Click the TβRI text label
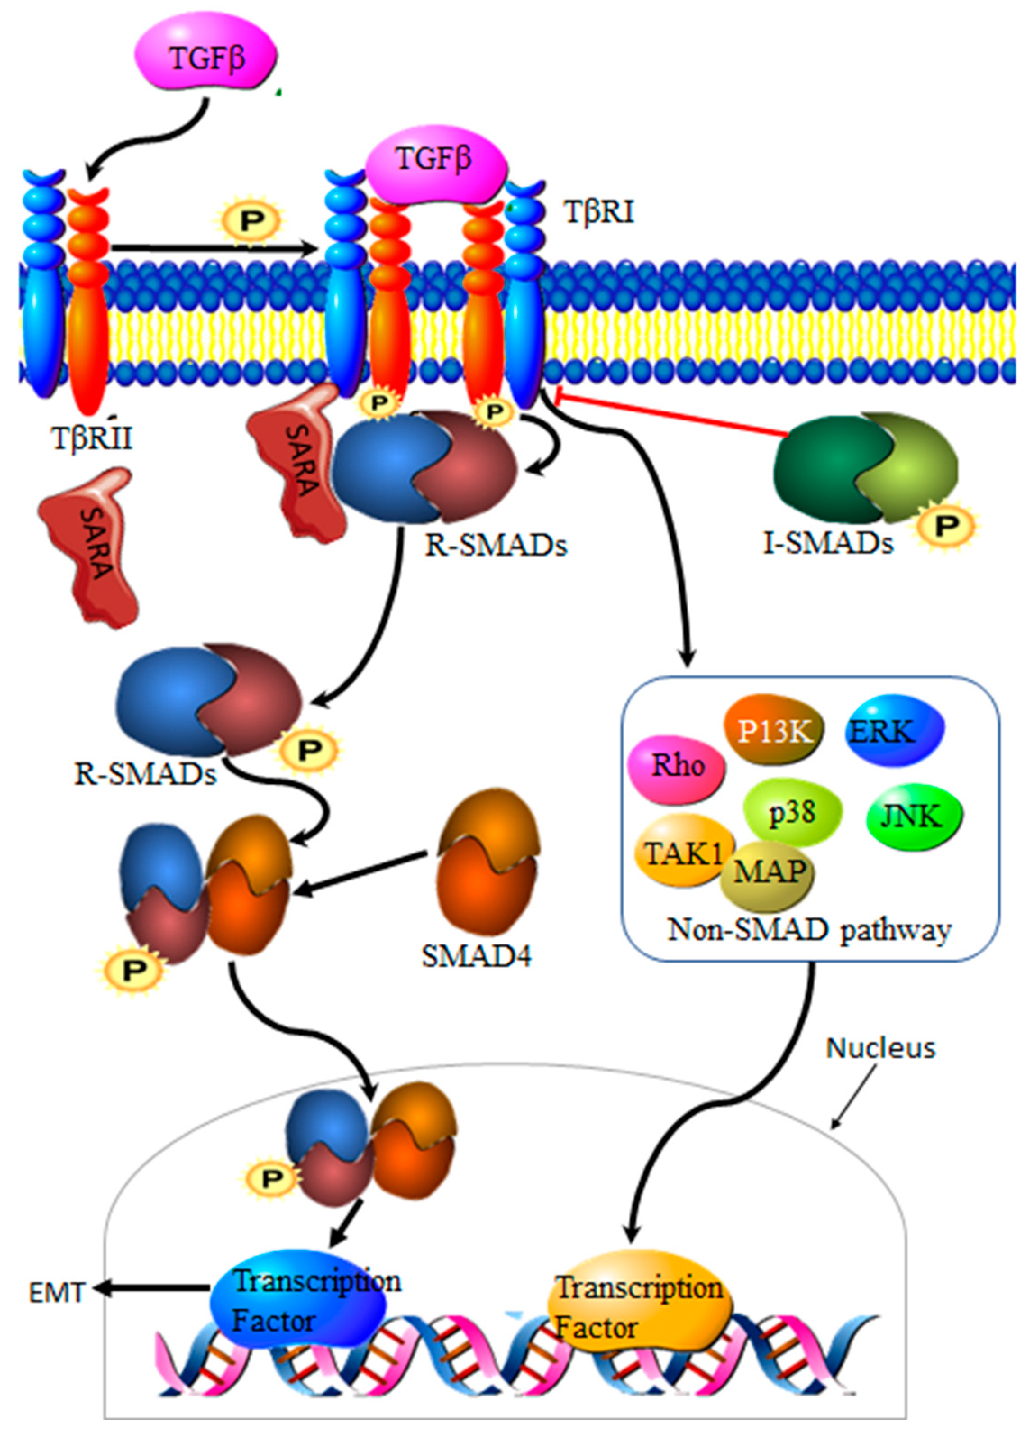pos(599,212)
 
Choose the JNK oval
pos(912,817)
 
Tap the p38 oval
pos(792,813)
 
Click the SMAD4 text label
pos(477,957)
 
